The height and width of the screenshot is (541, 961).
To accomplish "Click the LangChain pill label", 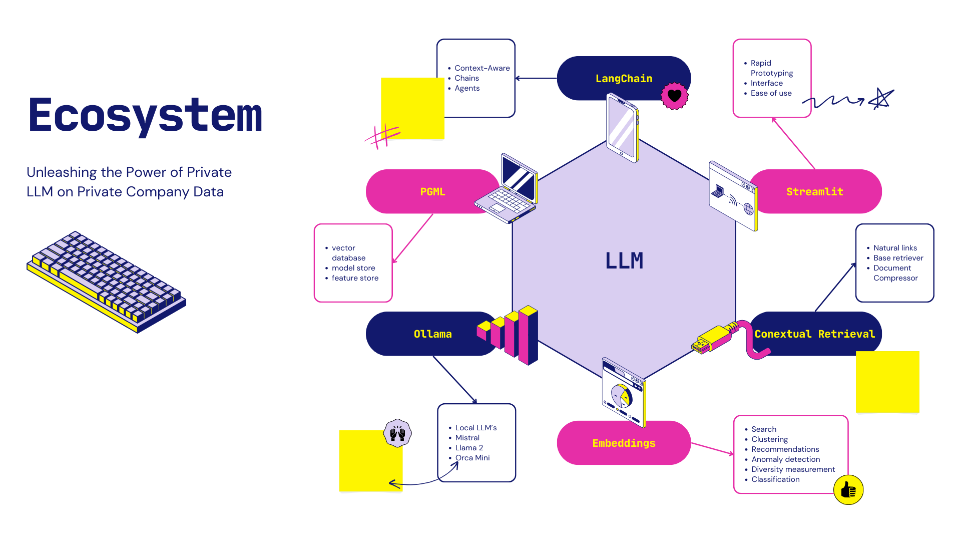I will click(x=624, y=79).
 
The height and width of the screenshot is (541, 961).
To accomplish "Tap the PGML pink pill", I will click(x=432, y=192).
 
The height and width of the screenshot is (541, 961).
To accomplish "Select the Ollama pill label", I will click(x=432, y=334).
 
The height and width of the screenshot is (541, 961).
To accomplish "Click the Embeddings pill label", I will click(x=624, y=443).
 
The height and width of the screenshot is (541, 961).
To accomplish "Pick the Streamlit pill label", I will click(x=814, y=192).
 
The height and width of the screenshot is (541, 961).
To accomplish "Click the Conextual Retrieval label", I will click(x=814, y=334).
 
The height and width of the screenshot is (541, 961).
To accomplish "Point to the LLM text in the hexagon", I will click(x=624, y=260).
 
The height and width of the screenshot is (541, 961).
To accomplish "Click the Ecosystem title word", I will click(x=145, y=115).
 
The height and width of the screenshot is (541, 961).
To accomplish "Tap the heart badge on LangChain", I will click(x=675, y=96).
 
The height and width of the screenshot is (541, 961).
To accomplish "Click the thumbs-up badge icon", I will click(x=848, y=490).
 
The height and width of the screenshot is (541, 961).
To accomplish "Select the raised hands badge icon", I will click(x=397, y=433).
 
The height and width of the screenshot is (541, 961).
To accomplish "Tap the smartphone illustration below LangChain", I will click(x=622, y=128).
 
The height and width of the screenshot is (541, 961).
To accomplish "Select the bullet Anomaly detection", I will click(x=785, y=459).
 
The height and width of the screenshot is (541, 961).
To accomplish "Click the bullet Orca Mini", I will click(x=472, y=458).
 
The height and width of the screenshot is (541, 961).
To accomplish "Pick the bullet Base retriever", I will click(x=898, y=258).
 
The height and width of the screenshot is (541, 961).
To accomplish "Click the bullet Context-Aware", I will click(x=482, y=68).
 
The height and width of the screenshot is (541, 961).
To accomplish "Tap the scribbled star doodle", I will click(x=881, y=99).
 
